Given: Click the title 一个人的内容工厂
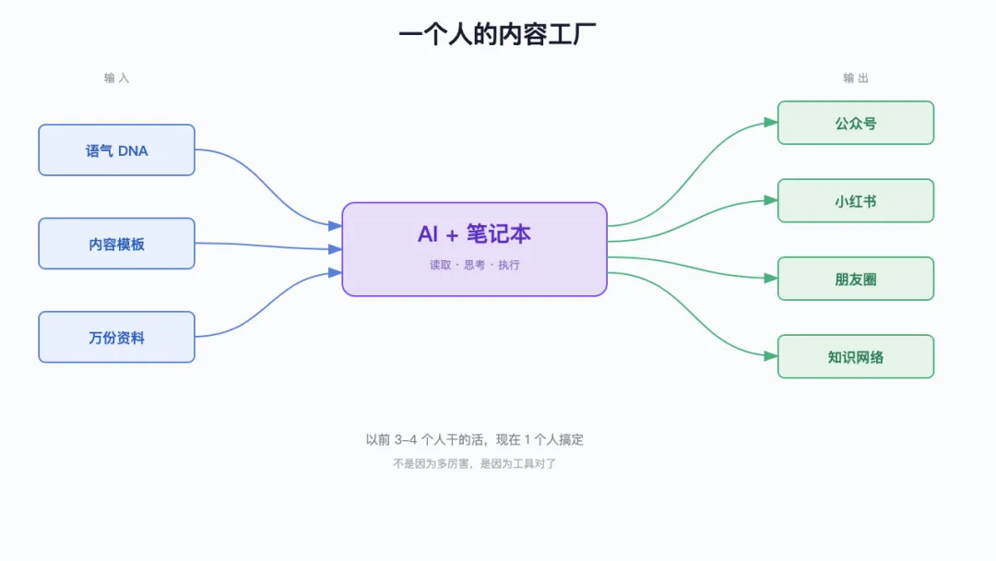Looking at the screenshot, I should (497, 34).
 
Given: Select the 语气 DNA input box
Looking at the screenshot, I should (116, 150).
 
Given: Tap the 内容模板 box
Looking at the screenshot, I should (116, 244).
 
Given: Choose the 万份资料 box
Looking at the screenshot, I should (116, 338).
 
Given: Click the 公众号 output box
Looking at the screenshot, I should (855, 123).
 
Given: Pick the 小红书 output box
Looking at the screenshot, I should (855, 200).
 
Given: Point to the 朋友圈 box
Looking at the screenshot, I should (855, 279).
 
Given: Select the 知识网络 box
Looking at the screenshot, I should (855, 356).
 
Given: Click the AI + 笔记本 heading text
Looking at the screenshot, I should (474, 234).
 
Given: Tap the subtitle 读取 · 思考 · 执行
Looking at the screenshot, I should (474, 265).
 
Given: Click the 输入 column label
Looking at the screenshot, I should (116, 78).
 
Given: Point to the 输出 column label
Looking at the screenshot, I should (855, 78).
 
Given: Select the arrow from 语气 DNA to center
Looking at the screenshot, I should (267, 185).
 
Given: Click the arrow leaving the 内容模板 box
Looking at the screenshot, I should (267, 245).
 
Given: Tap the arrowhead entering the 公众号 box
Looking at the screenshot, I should (771, 123).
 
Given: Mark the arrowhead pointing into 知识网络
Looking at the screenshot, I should (771, 356).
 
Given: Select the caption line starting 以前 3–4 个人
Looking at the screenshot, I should (474, 440).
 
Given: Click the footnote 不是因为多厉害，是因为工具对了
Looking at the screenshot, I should (474, 464).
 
